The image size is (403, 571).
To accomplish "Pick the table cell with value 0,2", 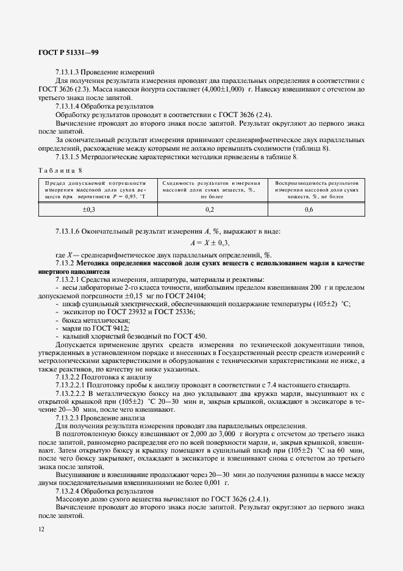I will point(210,209).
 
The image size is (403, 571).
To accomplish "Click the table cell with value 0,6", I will point(317,209).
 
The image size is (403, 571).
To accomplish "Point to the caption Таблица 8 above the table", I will point(59,170).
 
